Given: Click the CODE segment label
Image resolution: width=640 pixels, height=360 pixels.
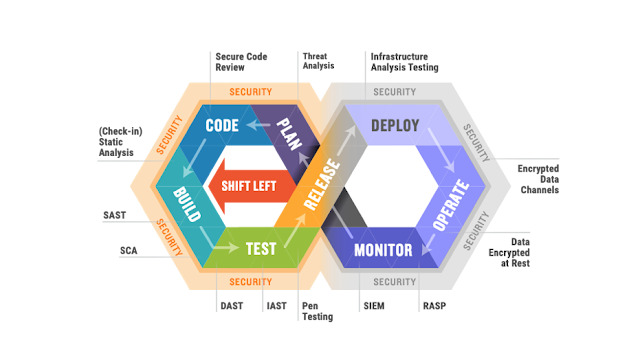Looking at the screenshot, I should click(222, 127).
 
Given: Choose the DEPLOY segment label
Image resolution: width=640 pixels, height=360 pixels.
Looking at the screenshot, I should click(395, 126).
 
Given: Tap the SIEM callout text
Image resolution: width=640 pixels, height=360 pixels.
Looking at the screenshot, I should click(371, 305).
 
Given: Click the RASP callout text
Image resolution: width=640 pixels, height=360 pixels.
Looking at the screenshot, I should click(433, 305).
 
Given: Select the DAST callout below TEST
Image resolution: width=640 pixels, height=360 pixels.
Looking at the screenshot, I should click(231, 305).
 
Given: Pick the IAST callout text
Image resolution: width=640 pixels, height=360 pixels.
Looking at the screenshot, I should click(276, 305).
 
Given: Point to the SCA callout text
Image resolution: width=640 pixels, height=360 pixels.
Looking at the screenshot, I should click(128, 250).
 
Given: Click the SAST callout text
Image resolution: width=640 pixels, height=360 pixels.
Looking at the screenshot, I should click(114, 214).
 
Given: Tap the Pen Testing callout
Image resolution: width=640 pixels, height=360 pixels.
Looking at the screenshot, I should click(312, 311).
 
